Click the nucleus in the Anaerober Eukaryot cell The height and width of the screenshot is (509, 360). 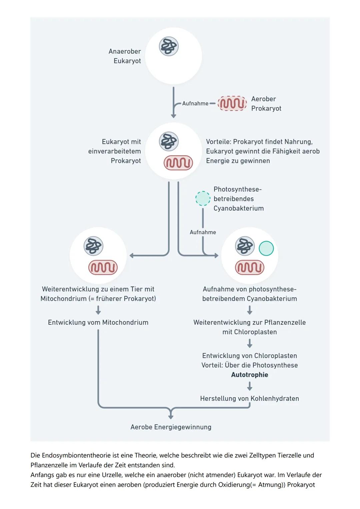tap(169, 46)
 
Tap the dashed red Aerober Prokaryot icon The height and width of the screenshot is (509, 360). tap(232, 103)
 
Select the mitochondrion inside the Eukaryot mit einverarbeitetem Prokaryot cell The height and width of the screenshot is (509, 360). tap(178, 163)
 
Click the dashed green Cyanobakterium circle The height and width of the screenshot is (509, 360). tap(203, 198)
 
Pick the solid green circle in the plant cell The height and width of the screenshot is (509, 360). tap(266, 248)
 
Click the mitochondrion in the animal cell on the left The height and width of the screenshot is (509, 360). tap(103, 267)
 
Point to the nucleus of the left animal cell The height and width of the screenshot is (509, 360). tap(93, 246)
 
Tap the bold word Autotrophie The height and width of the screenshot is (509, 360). tap(249, 375)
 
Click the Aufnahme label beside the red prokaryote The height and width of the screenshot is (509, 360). tap(195, 103)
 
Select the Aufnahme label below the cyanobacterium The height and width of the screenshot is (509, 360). tap(203, 232)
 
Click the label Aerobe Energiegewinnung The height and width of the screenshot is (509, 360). tap(171, 427)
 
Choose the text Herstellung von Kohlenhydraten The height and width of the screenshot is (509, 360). tap(249, 398)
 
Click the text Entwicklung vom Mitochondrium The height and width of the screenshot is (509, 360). tap(98, 322)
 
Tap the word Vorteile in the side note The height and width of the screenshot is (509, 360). tap(218, 142)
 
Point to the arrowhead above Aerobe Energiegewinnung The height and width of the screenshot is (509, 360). tap(171, 417)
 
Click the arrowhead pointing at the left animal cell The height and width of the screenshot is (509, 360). tap(132, 256)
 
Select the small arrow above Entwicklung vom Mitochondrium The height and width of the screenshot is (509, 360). tap(98, 311)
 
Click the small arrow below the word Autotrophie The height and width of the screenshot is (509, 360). tap(249, 387)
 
